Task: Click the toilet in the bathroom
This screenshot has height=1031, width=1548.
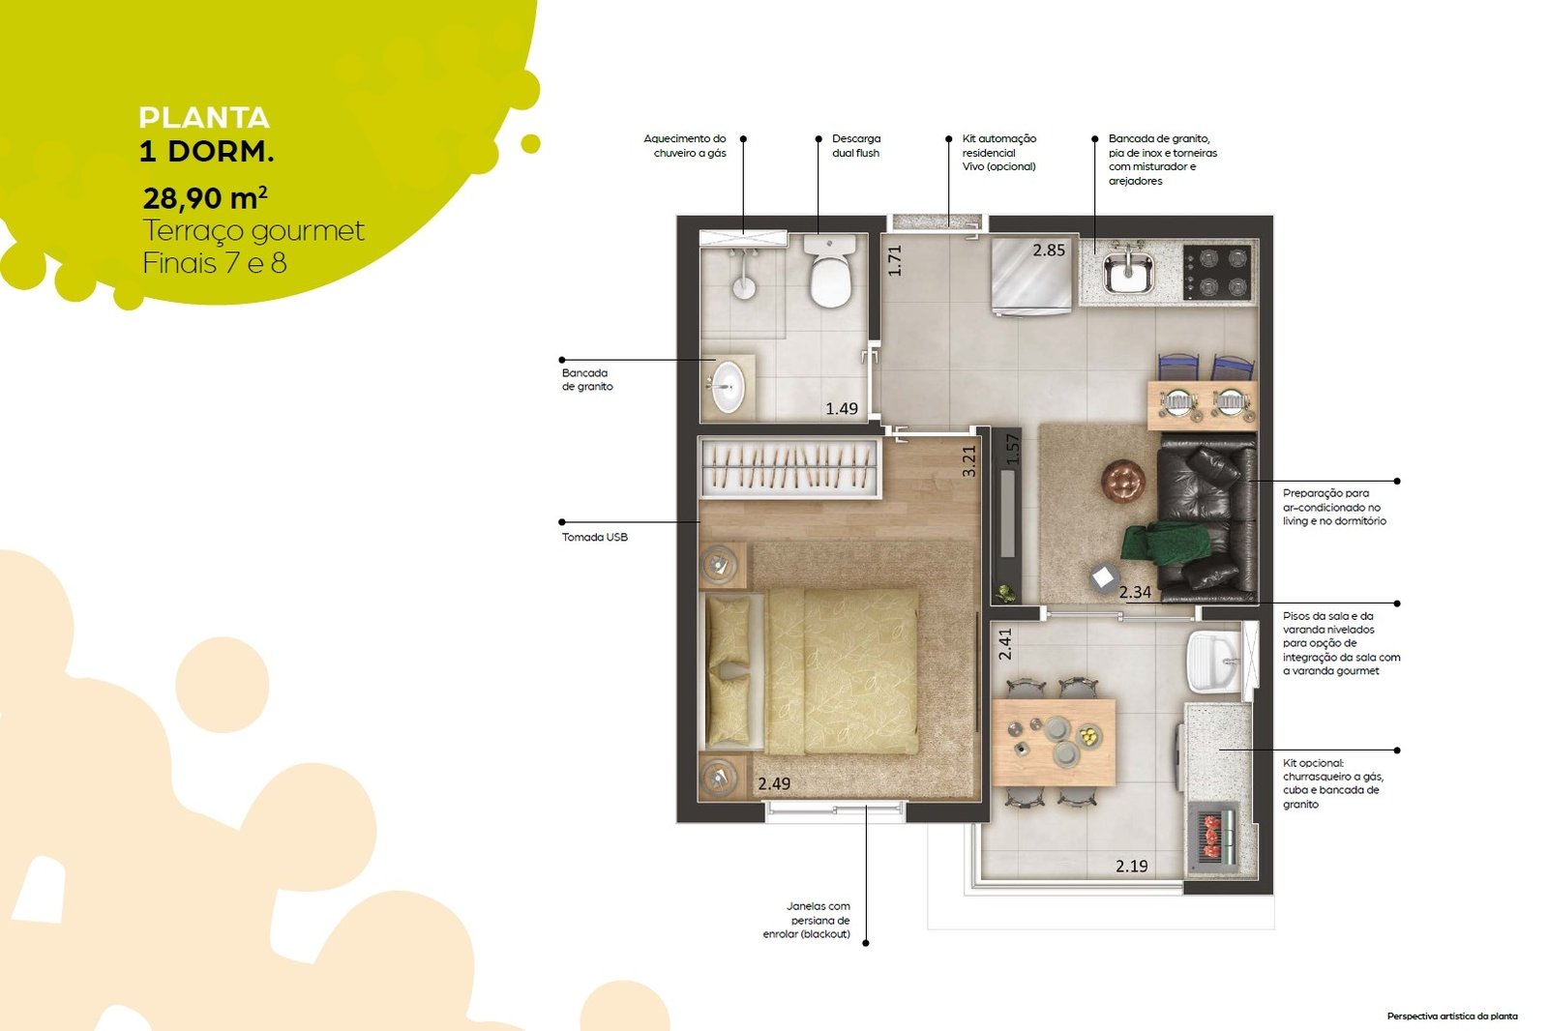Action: pyautogui.click(x=830, y=270)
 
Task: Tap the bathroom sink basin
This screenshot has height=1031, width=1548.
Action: pyautogui.click(x=728, y=388)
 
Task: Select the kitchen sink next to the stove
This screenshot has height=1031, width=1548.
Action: pyautogui.click(x=1128, y=272)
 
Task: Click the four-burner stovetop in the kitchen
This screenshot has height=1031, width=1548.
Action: pyautogui.click(x=1218, y=272)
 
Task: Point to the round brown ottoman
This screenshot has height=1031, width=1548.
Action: pyautogui.click(x=1123, y=480)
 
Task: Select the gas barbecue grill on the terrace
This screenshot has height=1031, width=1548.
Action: pyautogui.click(x=1214, y=838)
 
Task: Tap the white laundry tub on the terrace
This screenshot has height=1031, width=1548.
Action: pyautogui.click(x=1215, y=660)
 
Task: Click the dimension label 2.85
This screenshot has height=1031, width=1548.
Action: pyautogui.click(x=1049, y=250)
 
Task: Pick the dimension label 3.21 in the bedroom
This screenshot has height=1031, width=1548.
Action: pyautogui.click(x=969, y=461)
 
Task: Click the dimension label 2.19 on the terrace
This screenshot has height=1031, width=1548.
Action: pyautogui.click(x=1132, y=866)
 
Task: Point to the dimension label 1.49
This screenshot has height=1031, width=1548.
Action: pyautogui.click(x=842, y=408)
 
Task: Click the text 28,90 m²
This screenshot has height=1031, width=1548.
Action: pyautogui.click(x=205, y=197)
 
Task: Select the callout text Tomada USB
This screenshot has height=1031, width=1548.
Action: pyautogui.click(x=594, y=537)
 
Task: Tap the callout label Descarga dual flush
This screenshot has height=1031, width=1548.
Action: pyautogui.click(x=856, y=146)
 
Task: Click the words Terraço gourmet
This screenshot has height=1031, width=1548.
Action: pyautogui.click(x=253, y=231)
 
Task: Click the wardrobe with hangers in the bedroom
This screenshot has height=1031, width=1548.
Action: pyautogui.click(x=789, y=467)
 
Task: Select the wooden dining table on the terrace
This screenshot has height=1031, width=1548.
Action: pyautogui.click(x=1054, y=742)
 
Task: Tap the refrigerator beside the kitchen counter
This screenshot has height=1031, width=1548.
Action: pyautogui.click(x=1029, y=275)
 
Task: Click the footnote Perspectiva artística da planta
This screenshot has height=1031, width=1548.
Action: pyautogui.click(x=1452, y=1016)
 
